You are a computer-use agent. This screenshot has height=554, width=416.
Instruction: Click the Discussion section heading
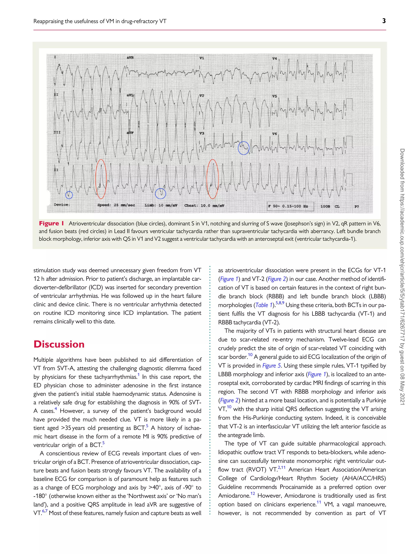(x=59, y=344)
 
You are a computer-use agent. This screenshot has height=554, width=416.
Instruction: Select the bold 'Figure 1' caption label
(x=51, y=223)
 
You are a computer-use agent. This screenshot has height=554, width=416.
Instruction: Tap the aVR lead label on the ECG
(x=130, y=58)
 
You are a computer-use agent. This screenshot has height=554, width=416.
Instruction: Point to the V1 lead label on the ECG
(x=202, y=58)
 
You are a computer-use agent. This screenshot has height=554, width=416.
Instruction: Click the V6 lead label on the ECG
(x=275, y=134)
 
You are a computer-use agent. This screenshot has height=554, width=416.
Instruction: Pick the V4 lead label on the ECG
(x=275, y=58)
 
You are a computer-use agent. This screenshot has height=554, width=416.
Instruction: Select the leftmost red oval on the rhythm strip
(x=101, y=179)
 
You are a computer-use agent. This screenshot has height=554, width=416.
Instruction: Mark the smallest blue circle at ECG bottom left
(x=69, y=195)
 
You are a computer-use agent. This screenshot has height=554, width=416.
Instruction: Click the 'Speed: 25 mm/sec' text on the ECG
(x=116, y=205)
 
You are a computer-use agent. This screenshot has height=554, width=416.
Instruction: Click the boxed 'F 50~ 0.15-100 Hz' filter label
(x=288, y=206)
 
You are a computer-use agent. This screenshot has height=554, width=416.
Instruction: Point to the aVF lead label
(x=130, y=133)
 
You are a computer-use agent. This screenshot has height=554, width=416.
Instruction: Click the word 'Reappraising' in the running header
(x=48, y=21)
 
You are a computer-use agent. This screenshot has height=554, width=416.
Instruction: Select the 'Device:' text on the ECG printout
(x=62, y=205)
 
